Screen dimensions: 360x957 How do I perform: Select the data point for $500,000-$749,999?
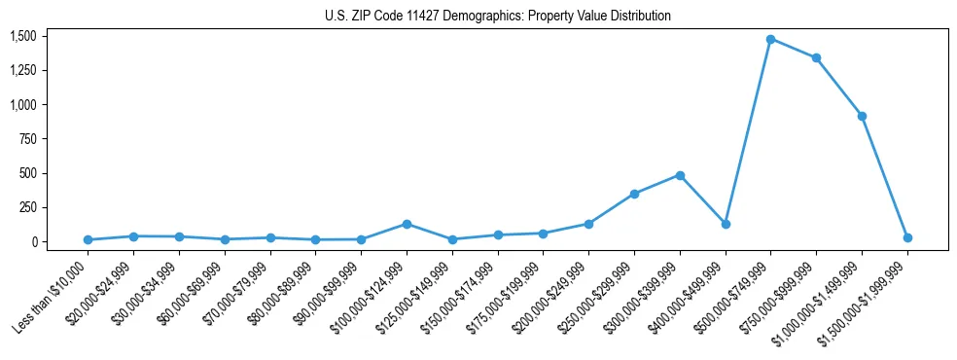pyautogui.click(x=770, y=39)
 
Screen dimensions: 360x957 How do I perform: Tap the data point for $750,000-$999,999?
pyautogui.click(x=816, y=57)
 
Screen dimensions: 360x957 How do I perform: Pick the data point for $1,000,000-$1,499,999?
pyautogui.click(x=862, y=116)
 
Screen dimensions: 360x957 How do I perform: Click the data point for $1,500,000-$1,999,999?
pyautogui.click(x=907, y=237)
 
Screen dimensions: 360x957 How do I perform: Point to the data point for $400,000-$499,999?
pyautogui.click(x=725, y=224)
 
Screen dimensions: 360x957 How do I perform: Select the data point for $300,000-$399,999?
pyautogui.click(x=680, y=175)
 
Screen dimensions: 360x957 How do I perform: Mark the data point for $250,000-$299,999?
pyautogui.click(x=634, y=194)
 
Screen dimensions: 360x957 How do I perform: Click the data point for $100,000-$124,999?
pyautogui.click(x=407, y=224)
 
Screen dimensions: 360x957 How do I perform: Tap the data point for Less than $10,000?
pyautogui.click(x=88, y=239)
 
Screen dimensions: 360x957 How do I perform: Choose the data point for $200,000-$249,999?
pyautogui.click(x=588, y=224)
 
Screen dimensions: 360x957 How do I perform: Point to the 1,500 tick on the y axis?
pyautogui.click(x=23, y=36)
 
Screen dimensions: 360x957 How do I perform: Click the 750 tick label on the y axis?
pyautogui.click(x=27, y=139)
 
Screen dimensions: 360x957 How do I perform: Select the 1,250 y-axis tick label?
pyautogui.click(x=23, y=70)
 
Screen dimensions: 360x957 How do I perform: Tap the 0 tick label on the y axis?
pyautogui.click(x=33, y=242)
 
